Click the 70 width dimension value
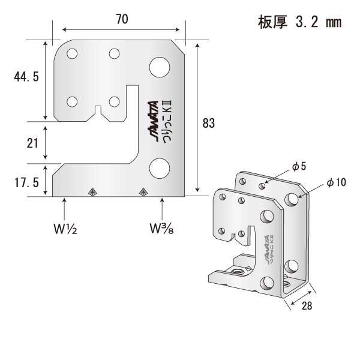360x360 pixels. pos(122,19)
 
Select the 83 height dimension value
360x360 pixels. pos(209,124)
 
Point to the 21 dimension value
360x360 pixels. pos(33,143)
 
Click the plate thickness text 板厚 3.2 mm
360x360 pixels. pos(299,23)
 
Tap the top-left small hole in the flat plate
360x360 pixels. pos(72,54)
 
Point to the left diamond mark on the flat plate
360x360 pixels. pos(92,191)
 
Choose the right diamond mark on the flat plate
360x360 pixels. pos(143,191)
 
